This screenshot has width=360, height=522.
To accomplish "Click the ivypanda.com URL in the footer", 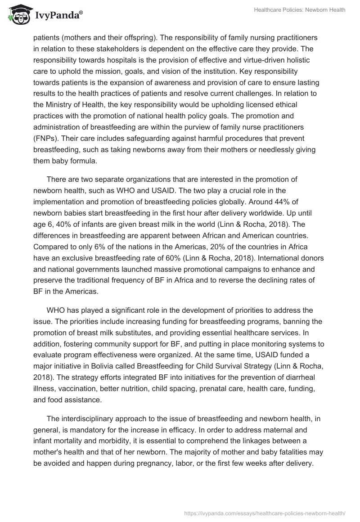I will tap(265, 512).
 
